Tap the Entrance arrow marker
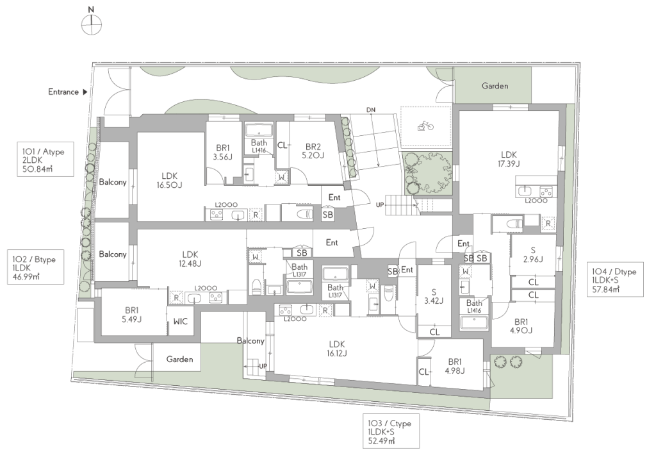click(x=85, y=92)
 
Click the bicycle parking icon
click(x=425, y=126)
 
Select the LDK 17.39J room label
click(x=508, y=159)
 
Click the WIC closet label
click(x=180, y=322)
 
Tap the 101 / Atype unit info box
click(x=46, y=160)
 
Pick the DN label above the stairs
click(x=371, y=110)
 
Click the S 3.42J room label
click(x=434, y=296)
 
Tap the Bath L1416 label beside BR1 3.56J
click(x=259, y=145)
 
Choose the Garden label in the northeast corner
click(x=495, y=86)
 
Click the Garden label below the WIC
click(x=179, y=359)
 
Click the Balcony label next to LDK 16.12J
click(x=250, y=340)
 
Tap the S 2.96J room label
click(x=532, y=254)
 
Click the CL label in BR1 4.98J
click(x=423, y=372)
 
